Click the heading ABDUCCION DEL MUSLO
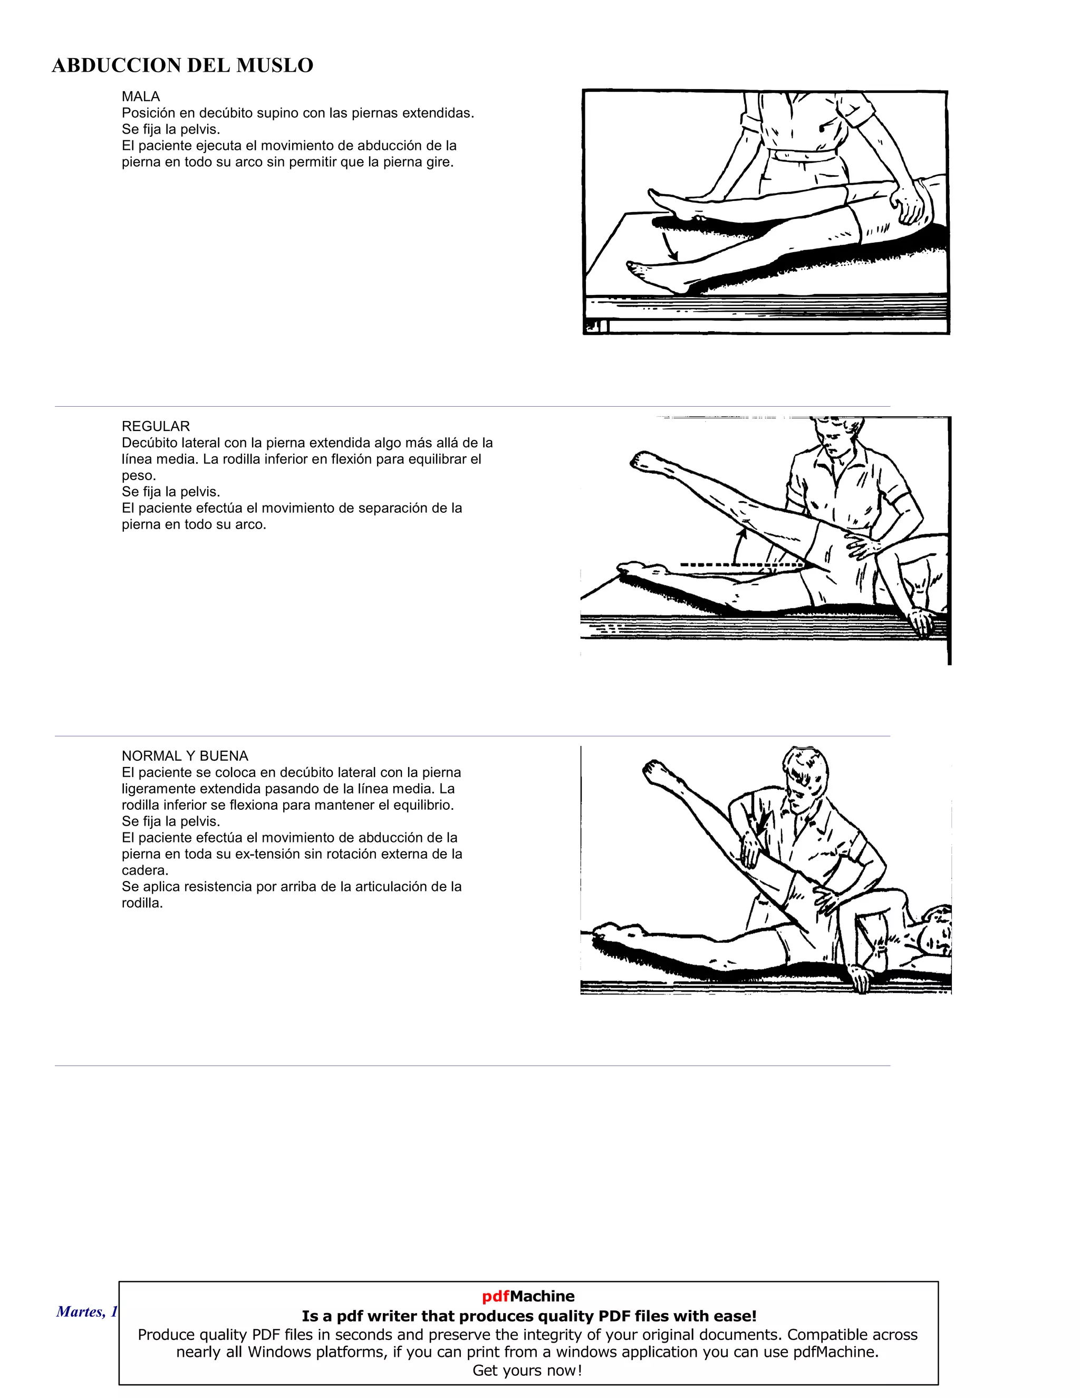182,65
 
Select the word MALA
141,97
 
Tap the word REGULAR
156,426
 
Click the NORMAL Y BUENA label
185,756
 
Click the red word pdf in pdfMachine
495,1296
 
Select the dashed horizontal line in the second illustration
736,565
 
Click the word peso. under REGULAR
139,476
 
